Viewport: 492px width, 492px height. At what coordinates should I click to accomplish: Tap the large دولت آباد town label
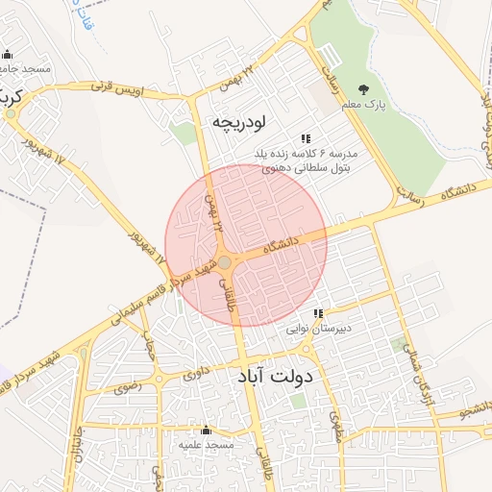click(x=274, y=377)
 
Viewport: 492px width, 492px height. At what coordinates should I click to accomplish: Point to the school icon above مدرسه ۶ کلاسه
click(x=306, y=138)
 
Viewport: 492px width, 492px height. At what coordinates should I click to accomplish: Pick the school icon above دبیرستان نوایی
click(x=318, y=313)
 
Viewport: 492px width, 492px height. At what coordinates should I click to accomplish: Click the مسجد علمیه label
click(x=204, y=445)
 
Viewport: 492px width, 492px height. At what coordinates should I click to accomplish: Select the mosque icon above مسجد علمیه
click(x=204, y=430)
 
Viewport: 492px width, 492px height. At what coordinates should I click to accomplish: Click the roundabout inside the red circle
click(x=224, y=261)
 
